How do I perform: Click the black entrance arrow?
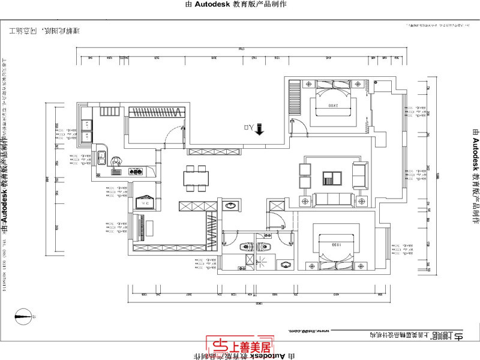coord(260,129)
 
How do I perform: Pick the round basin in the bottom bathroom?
coord(284,265)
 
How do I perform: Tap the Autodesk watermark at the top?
coord(240,4)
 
